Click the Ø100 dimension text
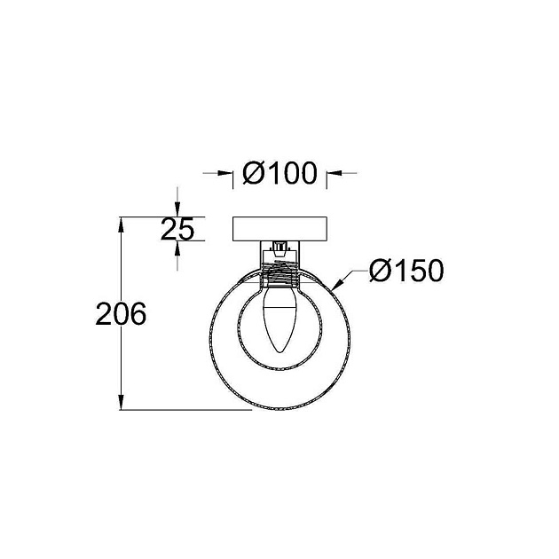(279, 175)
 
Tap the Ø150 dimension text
(405, 271)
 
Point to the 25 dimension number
(177, 230)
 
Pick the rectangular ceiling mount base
(279, 229)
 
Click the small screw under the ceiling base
(279, 248)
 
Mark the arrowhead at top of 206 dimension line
(122, 222)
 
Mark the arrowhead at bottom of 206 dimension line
(122, 404)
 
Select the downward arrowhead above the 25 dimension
(177, 211)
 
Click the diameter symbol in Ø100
(252, 175)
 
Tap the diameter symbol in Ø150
(379, 271)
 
